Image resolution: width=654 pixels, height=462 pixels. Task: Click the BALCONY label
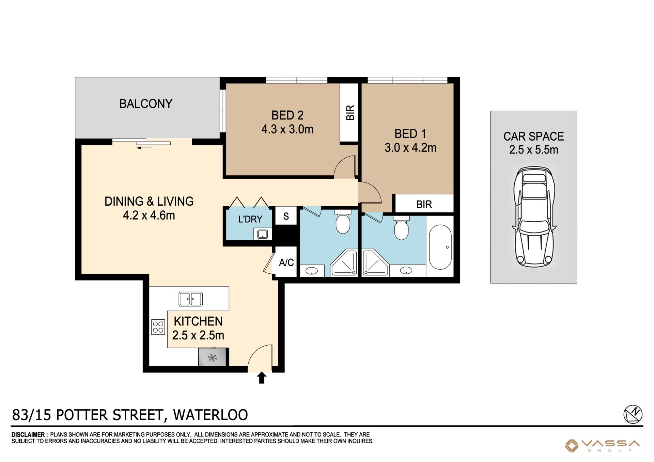coord(146,103)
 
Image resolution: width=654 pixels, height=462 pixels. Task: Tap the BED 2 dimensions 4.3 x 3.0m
coord(287,129)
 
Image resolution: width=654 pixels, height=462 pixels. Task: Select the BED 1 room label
coord(410,134)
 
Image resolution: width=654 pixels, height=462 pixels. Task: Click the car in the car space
coord(534,217)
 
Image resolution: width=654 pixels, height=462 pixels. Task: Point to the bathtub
coord(440,247)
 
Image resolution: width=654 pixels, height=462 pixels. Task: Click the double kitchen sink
coord(191,299)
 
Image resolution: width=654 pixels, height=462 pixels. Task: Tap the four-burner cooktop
coord(158,327)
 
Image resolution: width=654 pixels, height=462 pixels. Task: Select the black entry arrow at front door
coord(261,378)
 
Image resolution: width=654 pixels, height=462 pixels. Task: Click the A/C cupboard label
coord(286,262)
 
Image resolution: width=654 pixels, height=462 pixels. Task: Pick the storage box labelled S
coord(286,216)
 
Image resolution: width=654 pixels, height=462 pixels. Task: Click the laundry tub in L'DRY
coord(262,234)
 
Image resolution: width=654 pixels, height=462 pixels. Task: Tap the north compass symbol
coord(633,414)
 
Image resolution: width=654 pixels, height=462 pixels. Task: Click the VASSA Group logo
coord(602,446)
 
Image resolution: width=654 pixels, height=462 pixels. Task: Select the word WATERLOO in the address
coord(211,415)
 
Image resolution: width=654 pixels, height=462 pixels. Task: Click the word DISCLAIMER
coord(28,435)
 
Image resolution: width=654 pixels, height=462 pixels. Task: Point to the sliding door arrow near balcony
coord(144,148)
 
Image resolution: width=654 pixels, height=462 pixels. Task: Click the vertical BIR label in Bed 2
coord(350,113)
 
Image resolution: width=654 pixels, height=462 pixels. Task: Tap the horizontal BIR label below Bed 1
coord(424,204)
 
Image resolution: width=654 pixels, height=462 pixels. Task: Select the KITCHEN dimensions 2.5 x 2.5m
coord(198,335)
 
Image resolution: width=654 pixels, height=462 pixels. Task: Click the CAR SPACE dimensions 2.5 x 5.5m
coord(533,150)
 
